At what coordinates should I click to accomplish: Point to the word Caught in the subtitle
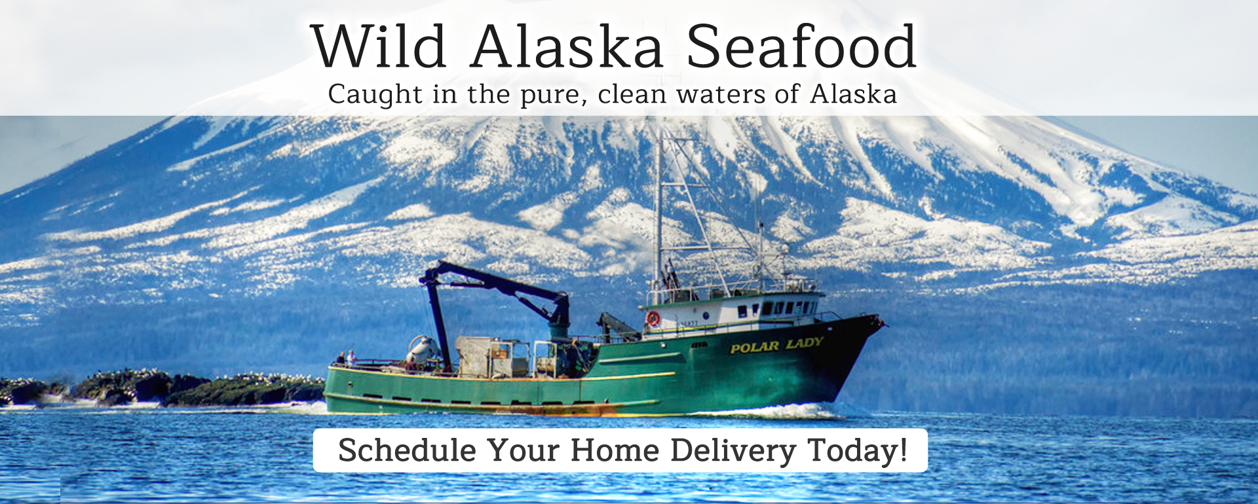[x=375, y=95]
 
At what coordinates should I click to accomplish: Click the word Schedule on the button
[x=408, y=450]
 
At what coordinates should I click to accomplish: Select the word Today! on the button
[x=857, y=450]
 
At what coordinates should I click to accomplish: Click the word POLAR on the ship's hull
[x=755, y=347]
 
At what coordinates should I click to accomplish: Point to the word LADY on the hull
[x=805, y=343]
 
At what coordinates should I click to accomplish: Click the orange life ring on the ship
[x=653, y=319]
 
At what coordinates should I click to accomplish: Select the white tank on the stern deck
[x=423, y=352]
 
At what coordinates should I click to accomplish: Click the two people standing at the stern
[x=347, y=358]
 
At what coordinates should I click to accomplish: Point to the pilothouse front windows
[x=780, y=308]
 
